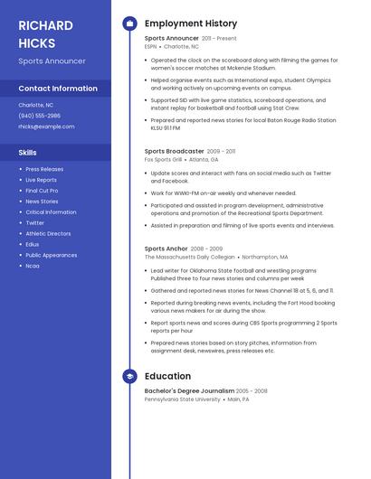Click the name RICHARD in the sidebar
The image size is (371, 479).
[46, 25]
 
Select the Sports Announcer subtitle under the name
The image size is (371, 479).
[52, 61]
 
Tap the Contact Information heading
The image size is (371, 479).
[58, 89]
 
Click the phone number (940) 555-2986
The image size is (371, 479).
[40, 116]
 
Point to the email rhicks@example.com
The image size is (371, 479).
[46, 127]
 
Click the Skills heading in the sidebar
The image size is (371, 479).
[27, 153]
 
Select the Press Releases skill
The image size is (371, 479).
[44, 169]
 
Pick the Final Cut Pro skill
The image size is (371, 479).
[42, 191]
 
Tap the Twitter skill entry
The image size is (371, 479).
[34, 222]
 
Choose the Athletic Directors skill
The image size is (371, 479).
[48, 233]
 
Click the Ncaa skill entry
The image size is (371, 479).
[33, 266]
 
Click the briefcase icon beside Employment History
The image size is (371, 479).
[129, 23]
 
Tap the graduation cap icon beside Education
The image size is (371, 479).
[129, 376]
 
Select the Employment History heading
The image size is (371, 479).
[191, 23]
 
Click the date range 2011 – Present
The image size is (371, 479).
[219, 39]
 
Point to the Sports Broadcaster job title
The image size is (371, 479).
[175, 151]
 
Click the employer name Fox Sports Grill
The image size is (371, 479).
[163, 159]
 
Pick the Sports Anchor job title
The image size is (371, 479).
[166, 249]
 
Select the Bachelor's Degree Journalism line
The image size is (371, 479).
[189, 390]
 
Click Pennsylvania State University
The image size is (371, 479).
[182, 399]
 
